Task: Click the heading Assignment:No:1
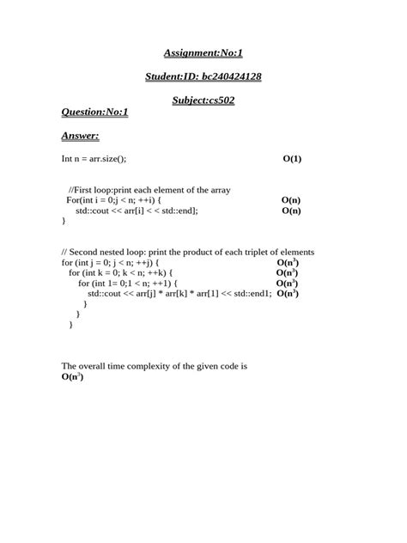coord(203,53)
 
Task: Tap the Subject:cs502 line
coord(203,100)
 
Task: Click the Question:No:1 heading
coord(94,112)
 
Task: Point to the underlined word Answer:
coord(81,135)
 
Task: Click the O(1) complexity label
coord(292,159)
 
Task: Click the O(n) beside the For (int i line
coord(291,199)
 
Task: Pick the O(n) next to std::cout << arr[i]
coord(291,210)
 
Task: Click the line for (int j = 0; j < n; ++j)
coord(111,262)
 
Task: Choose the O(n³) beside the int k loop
coord(287,272)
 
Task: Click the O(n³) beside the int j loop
coord(288,262)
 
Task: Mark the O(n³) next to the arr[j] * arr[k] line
coord(288,293)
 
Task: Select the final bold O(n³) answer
coord(73,376)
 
